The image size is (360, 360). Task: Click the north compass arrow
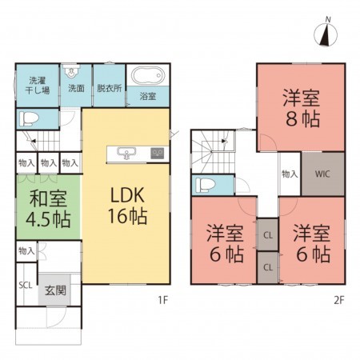coord(326,34)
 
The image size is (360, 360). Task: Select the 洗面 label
coord(76,88)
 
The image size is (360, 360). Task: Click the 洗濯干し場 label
coord(39,85)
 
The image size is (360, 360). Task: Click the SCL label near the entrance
coord(26,284)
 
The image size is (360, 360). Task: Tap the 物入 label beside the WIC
coord(289,174)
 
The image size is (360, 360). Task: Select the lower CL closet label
coord(266,266)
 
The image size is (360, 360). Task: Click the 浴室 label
coord(147,97)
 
